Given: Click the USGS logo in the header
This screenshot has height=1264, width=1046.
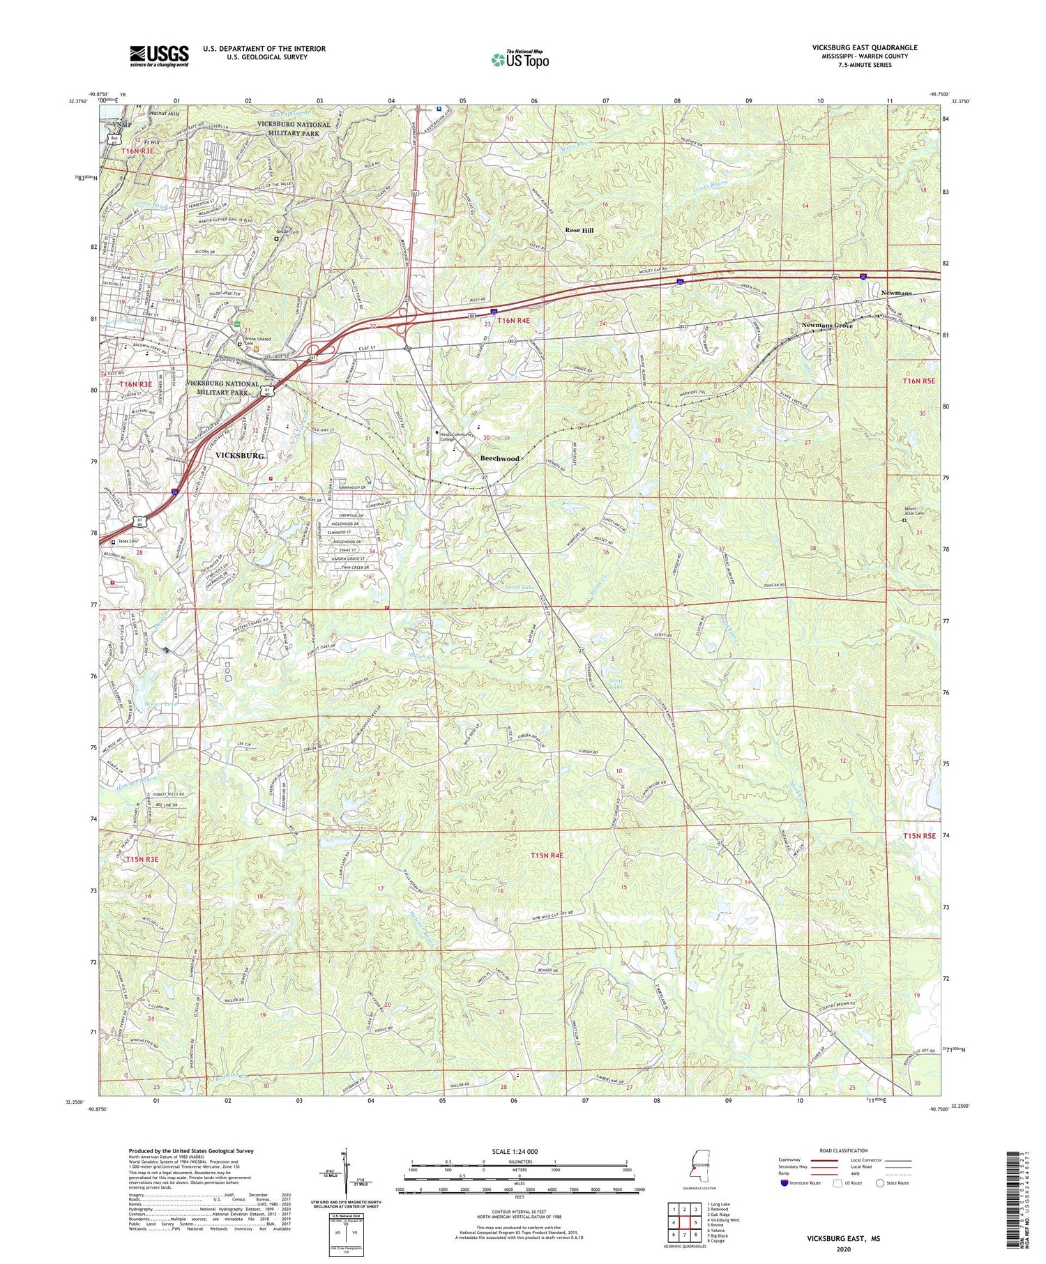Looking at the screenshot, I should [158, 56].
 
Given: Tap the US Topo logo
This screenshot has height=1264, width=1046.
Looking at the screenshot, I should [520, 60].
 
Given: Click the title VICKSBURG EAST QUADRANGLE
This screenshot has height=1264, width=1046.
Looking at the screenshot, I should [864, 47].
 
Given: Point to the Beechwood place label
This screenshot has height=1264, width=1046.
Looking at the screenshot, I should [500, 458].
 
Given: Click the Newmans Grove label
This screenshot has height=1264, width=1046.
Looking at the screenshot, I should [827, 326].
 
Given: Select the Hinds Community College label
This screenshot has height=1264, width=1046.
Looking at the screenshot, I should [457, 436].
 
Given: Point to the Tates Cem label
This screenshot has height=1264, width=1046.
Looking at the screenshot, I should [128, 541].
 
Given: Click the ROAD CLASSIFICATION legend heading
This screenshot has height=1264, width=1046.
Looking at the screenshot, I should [844, 1150].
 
